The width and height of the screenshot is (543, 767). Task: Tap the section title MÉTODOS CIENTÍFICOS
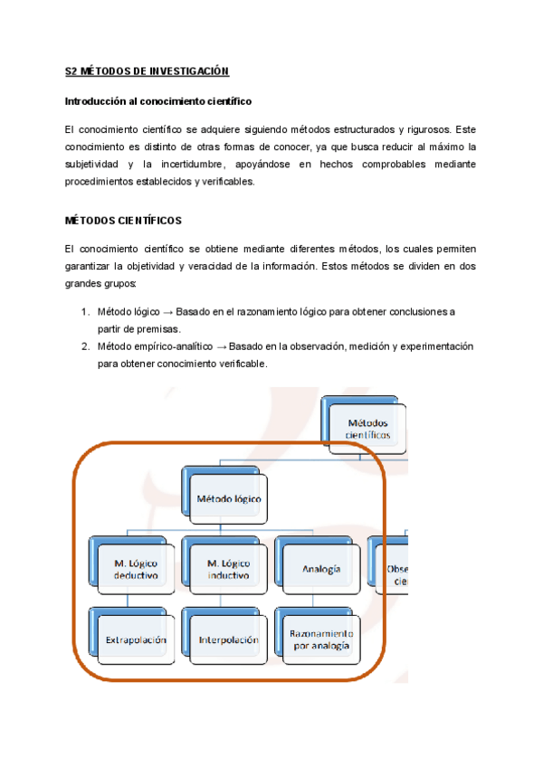124,220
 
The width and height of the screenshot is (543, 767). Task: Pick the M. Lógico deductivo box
137,569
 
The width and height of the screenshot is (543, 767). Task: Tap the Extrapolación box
137,639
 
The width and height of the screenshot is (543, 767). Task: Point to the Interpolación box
228,639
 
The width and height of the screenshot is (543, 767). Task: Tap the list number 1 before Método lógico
83,312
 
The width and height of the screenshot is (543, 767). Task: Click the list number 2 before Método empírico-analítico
83,346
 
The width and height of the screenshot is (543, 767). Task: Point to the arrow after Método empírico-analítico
221,346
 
